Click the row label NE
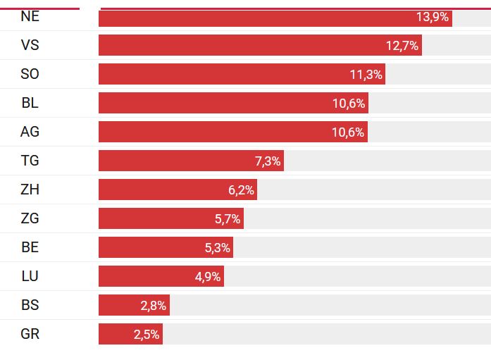tap(30, 17)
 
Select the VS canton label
tap(30, 45)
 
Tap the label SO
tap(30, 74)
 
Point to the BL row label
tap(30, 103)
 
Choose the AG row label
tap(30, 132)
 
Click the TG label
tap(30, 161)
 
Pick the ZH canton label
tap(30, 190)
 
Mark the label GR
tap(30, 334)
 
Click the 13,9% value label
tap(433, 17)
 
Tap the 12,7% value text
tap(402, 46)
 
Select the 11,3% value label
tap(366, 75)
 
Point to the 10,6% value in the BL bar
tap(349, 104)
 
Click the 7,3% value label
tap(268, 161)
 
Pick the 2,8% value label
tap(153, 306)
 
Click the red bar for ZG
tap(155, 218)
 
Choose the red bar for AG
tap(211, 132)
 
